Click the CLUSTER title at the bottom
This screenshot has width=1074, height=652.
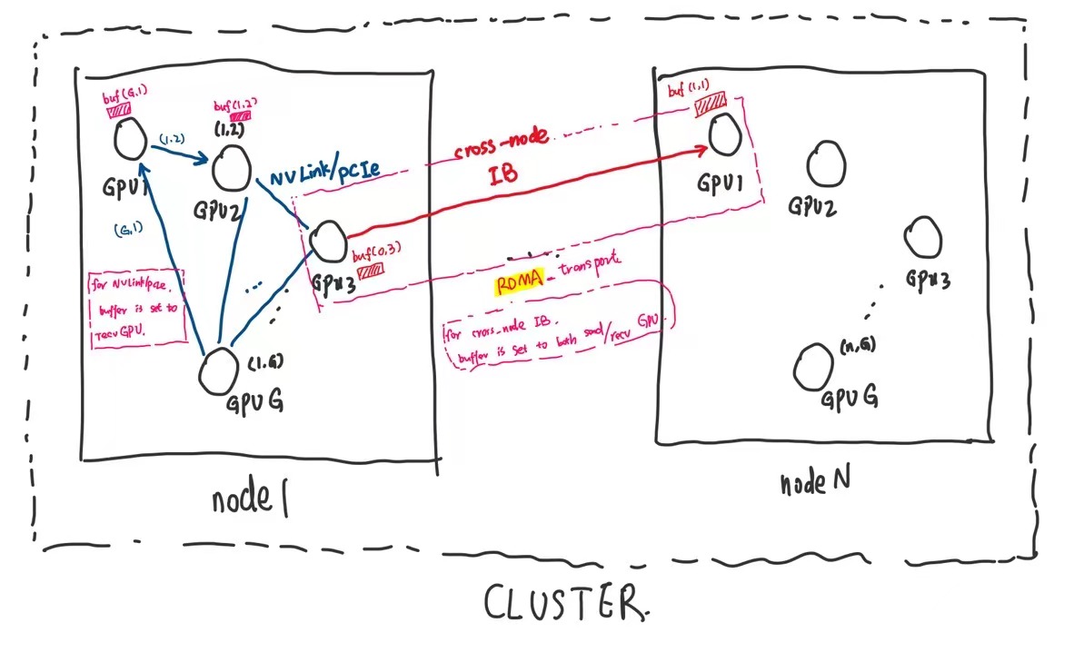click(564, 603)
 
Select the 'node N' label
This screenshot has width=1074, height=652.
click(815, 482)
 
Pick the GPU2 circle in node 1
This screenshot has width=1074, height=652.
click(231, 167)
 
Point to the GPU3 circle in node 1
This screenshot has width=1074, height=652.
click(325, 242)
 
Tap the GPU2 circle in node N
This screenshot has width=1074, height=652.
click(827, 162)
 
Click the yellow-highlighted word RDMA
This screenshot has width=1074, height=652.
click(520, 284)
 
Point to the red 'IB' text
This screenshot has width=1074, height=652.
click(502, 174)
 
